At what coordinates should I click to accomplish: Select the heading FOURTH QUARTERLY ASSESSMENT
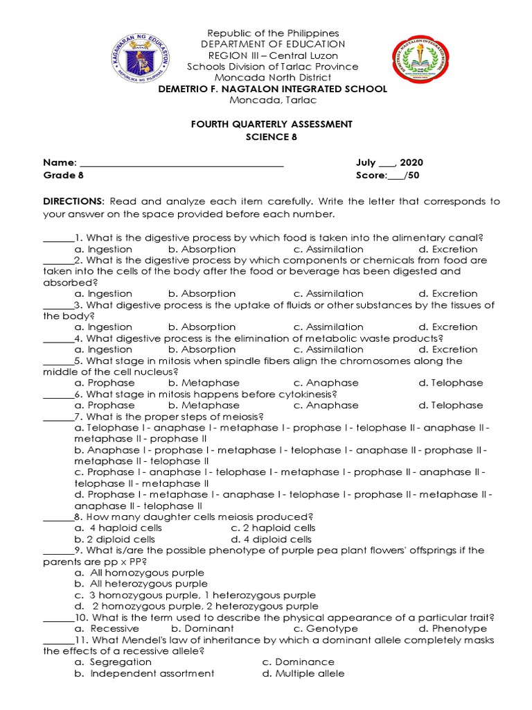tap(272, 123)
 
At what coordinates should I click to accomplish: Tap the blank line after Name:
tap(183, 164)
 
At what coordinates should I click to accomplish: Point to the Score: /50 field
tap(388, 175)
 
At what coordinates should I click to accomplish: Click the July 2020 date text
tap(389, 163)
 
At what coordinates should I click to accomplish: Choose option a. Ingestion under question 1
tap(103, 249)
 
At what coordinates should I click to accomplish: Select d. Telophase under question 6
tap(451, 405)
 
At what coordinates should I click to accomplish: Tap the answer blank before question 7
tap(58, 416)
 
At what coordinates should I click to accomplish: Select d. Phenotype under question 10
tap(452, 628)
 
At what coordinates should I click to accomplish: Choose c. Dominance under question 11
tap(298, 662)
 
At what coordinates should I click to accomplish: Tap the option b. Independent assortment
tap(145, 673)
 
